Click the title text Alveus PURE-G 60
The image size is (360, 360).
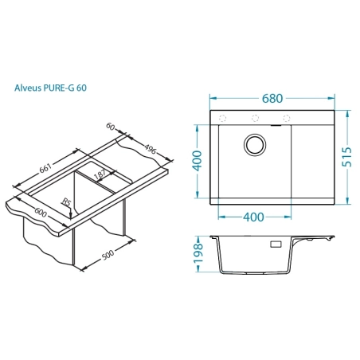(50, 88)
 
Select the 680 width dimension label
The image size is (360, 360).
(272, 99)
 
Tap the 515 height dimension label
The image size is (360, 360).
(346, 157)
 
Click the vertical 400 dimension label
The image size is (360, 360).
(197, 161)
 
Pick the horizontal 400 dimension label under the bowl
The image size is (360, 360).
(254, 217)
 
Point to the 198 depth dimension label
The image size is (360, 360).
(198, 253)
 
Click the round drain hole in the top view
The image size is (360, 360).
(255, 145)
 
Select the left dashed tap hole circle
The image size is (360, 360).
(222, 118)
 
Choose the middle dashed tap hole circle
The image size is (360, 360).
(255, 118)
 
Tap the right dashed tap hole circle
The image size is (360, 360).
(287, 118)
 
